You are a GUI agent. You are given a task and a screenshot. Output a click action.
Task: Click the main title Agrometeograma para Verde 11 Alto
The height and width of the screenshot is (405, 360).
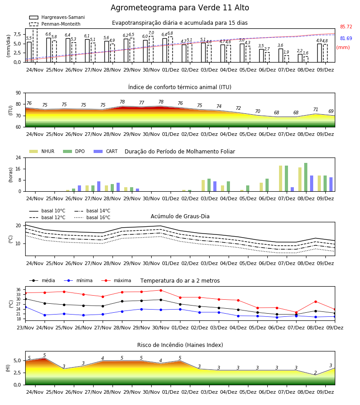point(180,8)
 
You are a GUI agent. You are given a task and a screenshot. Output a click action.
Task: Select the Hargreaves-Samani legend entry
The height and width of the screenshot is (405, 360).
point(57,17)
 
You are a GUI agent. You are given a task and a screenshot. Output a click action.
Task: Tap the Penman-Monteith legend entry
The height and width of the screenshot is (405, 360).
point(55,24)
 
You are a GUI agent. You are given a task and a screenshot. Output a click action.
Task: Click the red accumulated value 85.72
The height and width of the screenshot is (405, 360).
point(346,27)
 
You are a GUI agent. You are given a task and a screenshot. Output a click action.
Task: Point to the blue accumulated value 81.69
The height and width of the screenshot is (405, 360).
point(346,38)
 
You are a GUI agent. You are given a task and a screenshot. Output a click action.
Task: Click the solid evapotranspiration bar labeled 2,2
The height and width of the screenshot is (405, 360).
point(300,58)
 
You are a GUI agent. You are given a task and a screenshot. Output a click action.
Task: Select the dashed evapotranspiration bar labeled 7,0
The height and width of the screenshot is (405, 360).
point(151,49)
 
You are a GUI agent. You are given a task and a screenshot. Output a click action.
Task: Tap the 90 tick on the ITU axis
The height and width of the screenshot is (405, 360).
point(18,93)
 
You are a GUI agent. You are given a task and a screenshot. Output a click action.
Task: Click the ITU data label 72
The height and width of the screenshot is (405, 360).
point(238,108)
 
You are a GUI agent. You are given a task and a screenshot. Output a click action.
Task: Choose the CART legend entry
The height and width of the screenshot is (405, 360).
point(105,151)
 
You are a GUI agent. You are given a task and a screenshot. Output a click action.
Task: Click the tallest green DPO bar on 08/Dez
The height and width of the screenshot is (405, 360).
point(306,177)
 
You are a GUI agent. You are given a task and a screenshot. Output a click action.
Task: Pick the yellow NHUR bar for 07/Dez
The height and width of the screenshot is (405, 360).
point(281,179)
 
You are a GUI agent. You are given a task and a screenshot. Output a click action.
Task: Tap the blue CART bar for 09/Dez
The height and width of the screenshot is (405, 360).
point(331,184)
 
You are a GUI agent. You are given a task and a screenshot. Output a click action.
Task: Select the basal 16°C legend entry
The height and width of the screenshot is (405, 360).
point(92,217)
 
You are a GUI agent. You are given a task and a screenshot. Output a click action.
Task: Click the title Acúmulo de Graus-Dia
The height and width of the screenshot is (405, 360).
point(180,216)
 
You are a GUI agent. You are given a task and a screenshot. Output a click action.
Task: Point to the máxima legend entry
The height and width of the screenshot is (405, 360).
point(116,280)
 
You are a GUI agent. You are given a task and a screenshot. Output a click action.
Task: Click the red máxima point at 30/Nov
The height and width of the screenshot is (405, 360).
point(161,290)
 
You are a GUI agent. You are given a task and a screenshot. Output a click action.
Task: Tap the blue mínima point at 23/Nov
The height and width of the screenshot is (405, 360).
point(26,307)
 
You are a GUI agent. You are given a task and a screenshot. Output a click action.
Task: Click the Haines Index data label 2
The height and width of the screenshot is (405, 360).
point(315,373)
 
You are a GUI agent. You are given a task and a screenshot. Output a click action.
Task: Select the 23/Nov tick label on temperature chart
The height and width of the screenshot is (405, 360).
point(25,328)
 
